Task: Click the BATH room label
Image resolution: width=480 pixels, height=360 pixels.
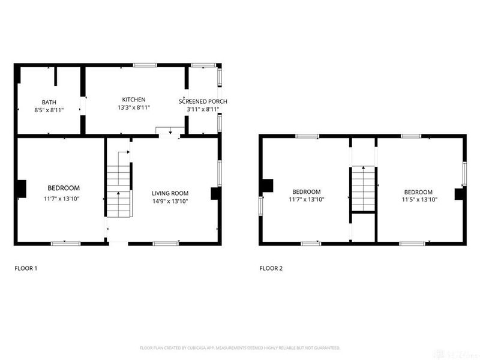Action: point(49,102)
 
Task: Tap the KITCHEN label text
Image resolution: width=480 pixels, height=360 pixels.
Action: point(134,100)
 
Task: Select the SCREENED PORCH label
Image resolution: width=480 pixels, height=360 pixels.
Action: point(203,101)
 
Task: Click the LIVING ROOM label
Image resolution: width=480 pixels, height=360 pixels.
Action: point(170,193)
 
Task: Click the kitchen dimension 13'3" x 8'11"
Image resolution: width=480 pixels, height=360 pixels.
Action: point(134,107)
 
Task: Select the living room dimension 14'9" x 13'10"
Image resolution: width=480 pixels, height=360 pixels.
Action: point(170,201)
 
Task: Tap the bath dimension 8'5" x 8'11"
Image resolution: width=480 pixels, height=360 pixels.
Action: point(49,110)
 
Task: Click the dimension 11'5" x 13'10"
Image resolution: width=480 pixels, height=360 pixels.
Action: point(419,199)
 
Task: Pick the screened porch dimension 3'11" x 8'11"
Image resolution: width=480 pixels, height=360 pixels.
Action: point(203,109)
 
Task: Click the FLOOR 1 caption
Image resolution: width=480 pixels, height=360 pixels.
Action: point(26,268)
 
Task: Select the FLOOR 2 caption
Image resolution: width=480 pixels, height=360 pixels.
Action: point(271,268)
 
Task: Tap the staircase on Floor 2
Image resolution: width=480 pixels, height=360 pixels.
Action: point(362,188)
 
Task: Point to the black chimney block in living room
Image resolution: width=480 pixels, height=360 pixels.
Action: point(214,193)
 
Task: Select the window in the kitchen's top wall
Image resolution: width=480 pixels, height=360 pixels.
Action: point(145,65)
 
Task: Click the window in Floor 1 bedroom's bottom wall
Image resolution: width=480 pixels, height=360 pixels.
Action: point(65,243)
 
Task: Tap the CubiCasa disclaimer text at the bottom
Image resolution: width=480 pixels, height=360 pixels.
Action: point(240,347)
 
